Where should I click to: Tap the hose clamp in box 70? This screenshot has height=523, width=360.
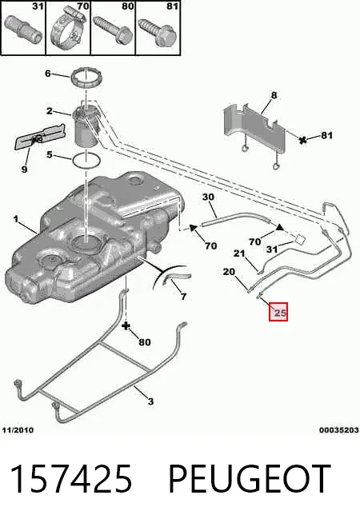coord(67,30)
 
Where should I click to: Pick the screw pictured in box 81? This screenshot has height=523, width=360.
coord(157,32)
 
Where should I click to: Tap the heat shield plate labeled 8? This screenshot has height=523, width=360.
coord(255,129)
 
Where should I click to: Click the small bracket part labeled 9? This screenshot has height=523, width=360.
coord(38,137)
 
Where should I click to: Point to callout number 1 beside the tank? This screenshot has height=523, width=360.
coord(15,219)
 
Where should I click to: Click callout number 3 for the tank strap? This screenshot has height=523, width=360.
coord(150,401)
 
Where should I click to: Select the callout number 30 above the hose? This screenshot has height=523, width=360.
coord(208,198)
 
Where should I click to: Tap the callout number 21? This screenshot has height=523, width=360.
coord(239,254)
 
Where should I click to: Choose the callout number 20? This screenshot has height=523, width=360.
coord(229,272)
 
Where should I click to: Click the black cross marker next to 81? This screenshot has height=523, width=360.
coord(303,140)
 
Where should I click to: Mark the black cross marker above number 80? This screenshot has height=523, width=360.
coord(126,325)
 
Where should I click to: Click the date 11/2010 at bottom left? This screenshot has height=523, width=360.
coord(18,430)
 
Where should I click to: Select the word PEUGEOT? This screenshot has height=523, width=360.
coord(250,479)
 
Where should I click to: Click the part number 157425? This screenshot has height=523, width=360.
coord(71,479)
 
